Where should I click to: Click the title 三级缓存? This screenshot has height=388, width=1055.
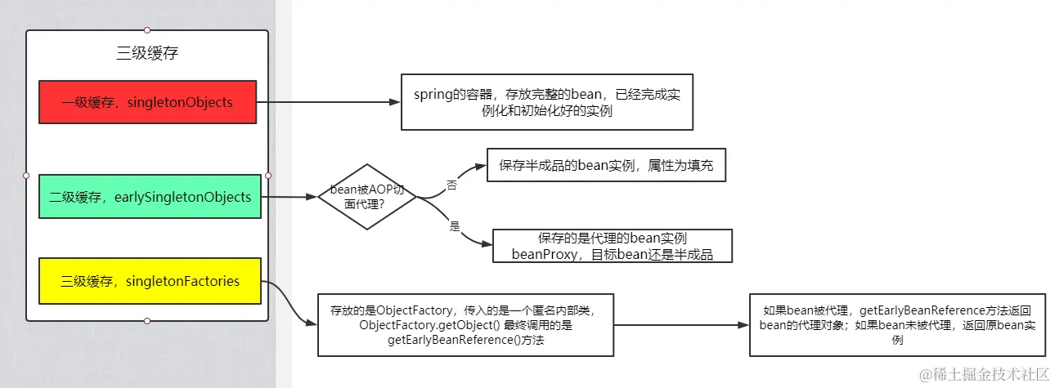tap(147, 54)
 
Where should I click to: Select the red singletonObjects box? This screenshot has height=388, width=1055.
tap(147, 102)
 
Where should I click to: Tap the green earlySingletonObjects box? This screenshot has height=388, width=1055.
tap(150, 196)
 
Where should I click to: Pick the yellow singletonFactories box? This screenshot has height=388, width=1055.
tap(150, 281)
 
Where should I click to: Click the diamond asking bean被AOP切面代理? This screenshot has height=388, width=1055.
tap(366, 196)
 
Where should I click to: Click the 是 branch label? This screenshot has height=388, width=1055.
tap(455, 226)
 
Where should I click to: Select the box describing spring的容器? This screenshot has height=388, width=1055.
tap(547, 102)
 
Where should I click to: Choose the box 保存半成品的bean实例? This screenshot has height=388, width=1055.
tap(606, 165)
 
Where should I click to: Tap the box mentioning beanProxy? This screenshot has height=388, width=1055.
tap(612, 246)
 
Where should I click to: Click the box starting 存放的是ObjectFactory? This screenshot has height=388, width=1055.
tap(465, 324)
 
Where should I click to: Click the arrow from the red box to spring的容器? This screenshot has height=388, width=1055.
tap(327, 102)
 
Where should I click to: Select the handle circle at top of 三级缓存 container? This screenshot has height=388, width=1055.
tap(147, 30)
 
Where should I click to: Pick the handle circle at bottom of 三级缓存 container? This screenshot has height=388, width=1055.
tap(147, 321)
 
